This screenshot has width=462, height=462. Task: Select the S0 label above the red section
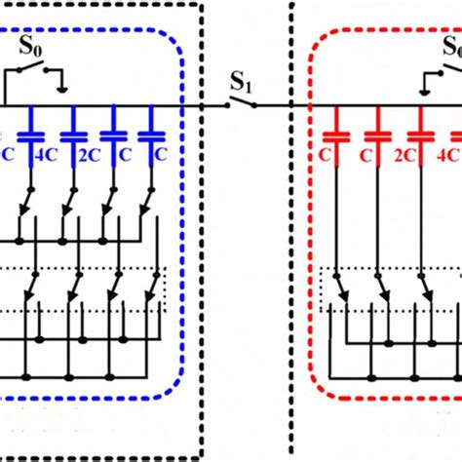[x=452, y=48]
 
